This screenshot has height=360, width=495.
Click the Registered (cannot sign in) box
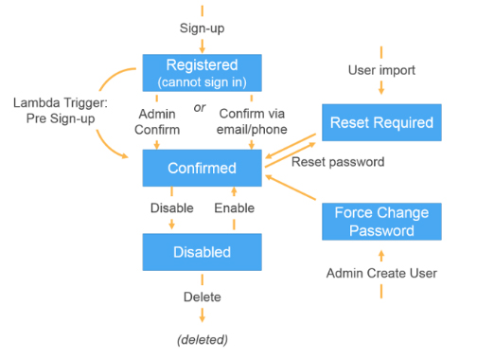(202, 73)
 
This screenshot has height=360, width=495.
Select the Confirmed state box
(202, 168)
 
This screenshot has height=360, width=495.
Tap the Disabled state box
(202, 252)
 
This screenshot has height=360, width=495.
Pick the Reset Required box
(381, 122)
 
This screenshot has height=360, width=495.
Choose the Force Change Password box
(381, 222)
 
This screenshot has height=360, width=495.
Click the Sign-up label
(202, 28)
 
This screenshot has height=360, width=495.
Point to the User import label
(381, 70)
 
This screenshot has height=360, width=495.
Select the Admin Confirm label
(157, 121)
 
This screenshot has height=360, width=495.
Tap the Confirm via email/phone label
(252, 121)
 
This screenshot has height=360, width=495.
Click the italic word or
(200, 108)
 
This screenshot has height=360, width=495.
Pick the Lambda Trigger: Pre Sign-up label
(61, 111)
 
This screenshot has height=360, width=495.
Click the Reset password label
(338, 162)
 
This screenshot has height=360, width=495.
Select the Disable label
(171, 208)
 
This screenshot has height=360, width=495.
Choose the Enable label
(234, 208)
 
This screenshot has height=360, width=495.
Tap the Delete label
(202, 297)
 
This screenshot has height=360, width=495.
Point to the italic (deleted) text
(203, 340)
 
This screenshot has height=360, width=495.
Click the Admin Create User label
(381, 273)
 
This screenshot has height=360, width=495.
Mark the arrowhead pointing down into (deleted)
(202, 318)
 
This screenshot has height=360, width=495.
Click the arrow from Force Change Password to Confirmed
(291, 188)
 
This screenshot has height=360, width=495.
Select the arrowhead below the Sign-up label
(202, 50)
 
